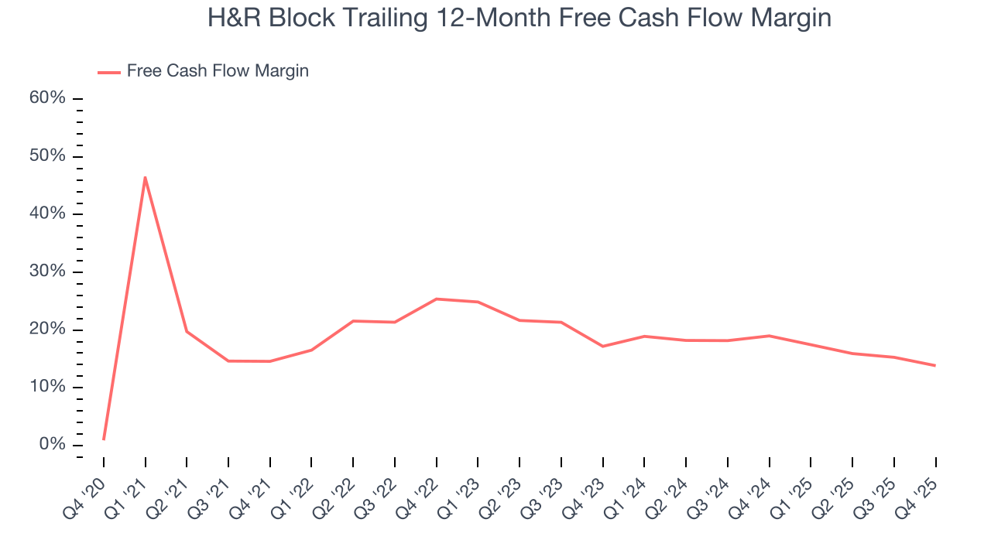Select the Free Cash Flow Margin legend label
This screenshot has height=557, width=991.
(x=218, y=71)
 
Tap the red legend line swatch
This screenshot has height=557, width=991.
(x=108, y=72)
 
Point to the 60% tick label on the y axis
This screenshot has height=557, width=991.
(x=47, y=98)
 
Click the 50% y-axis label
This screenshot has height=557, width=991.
(x=47, y=156)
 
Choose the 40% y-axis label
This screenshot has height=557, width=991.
(x=47, y=214)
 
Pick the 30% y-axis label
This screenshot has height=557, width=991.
(x=47, y=272)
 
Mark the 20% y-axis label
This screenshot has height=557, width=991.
(x=47, y=330)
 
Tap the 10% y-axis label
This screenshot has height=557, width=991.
(x=47, y=387)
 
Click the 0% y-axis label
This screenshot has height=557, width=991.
(x=51, y=445)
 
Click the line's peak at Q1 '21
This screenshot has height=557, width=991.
(x=145, y=177)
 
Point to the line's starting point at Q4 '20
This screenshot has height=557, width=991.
(x=104, y=439)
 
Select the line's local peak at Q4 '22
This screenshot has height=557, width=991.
(x=437, y=299)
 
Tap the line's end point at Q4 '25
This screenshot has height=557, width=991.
(x=935, y=365)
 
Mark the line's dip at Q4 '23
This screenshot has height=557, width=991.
(x=603, y=346)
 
